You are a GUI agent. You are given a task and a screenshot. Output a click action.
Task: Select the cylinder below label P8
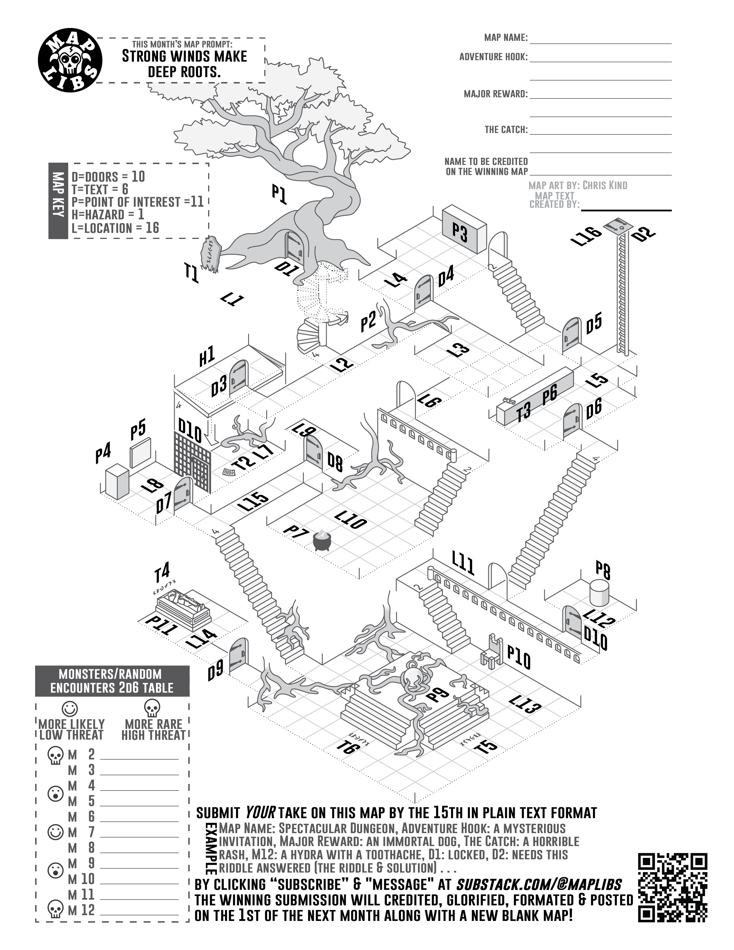599,593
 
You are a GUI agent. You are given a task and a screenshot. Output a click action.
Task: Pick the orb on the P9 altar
412,677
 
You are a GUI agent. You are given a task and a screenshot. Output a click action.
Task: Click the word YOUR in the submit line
260,812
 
